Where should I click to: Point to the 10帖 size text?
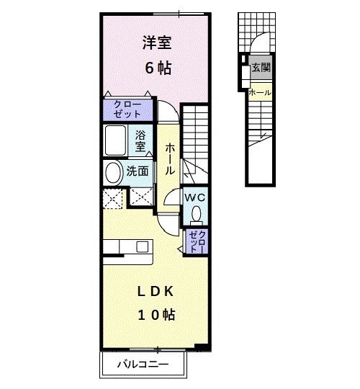tap(156, 315)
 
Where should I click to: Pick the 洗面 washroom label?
tap(138, 171)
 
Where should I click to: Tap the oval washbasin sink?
tap(113, 172)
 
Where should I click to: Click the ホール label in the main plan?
tap(170, 159)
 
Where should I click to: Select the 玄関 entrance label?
tap(261, 68)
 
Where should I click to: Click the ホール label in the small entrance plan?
tap(259, 92)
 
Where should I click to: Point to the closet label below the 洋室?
tap(128, 109)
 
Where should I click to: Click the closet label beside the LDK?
tap(197, 241)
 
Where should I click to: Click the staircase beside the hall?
tap(194, 140)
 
